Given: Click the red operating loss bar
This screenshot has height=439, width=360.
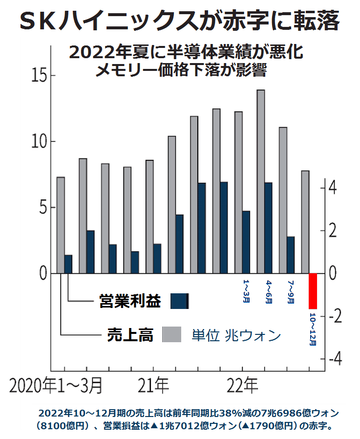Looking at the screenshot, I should click(x=313, y=291).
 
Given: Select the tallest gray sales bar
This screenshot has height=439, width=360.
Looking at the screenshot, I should click(x=261, y=181).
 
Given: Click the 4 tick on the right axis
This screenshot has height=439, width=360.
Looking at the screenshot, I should click(x=332, y=188).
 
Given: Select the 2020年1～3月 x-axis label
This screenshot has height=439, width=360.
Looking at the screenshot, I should click(x=57, y=386).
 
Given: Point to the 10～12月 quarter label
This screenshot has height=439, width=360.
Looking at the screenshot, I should click(x=313, y=329).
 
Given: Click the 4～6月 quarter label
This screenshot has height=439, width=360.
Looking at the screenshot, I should click(x=269, y=292).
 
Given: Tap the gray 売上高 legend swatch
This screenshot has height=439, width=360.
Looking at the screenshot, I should click(x=171, y=335).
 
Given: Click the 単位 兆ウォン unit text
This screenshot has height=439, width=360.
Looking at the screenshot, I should click(x=236, y=335).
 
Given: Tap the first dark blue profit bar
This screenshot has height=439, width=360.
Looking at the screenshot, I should click(x=68, y=264).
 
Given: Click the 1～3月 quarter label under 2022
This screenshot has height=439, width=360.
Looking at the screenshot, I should click(x=246, y=292).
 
